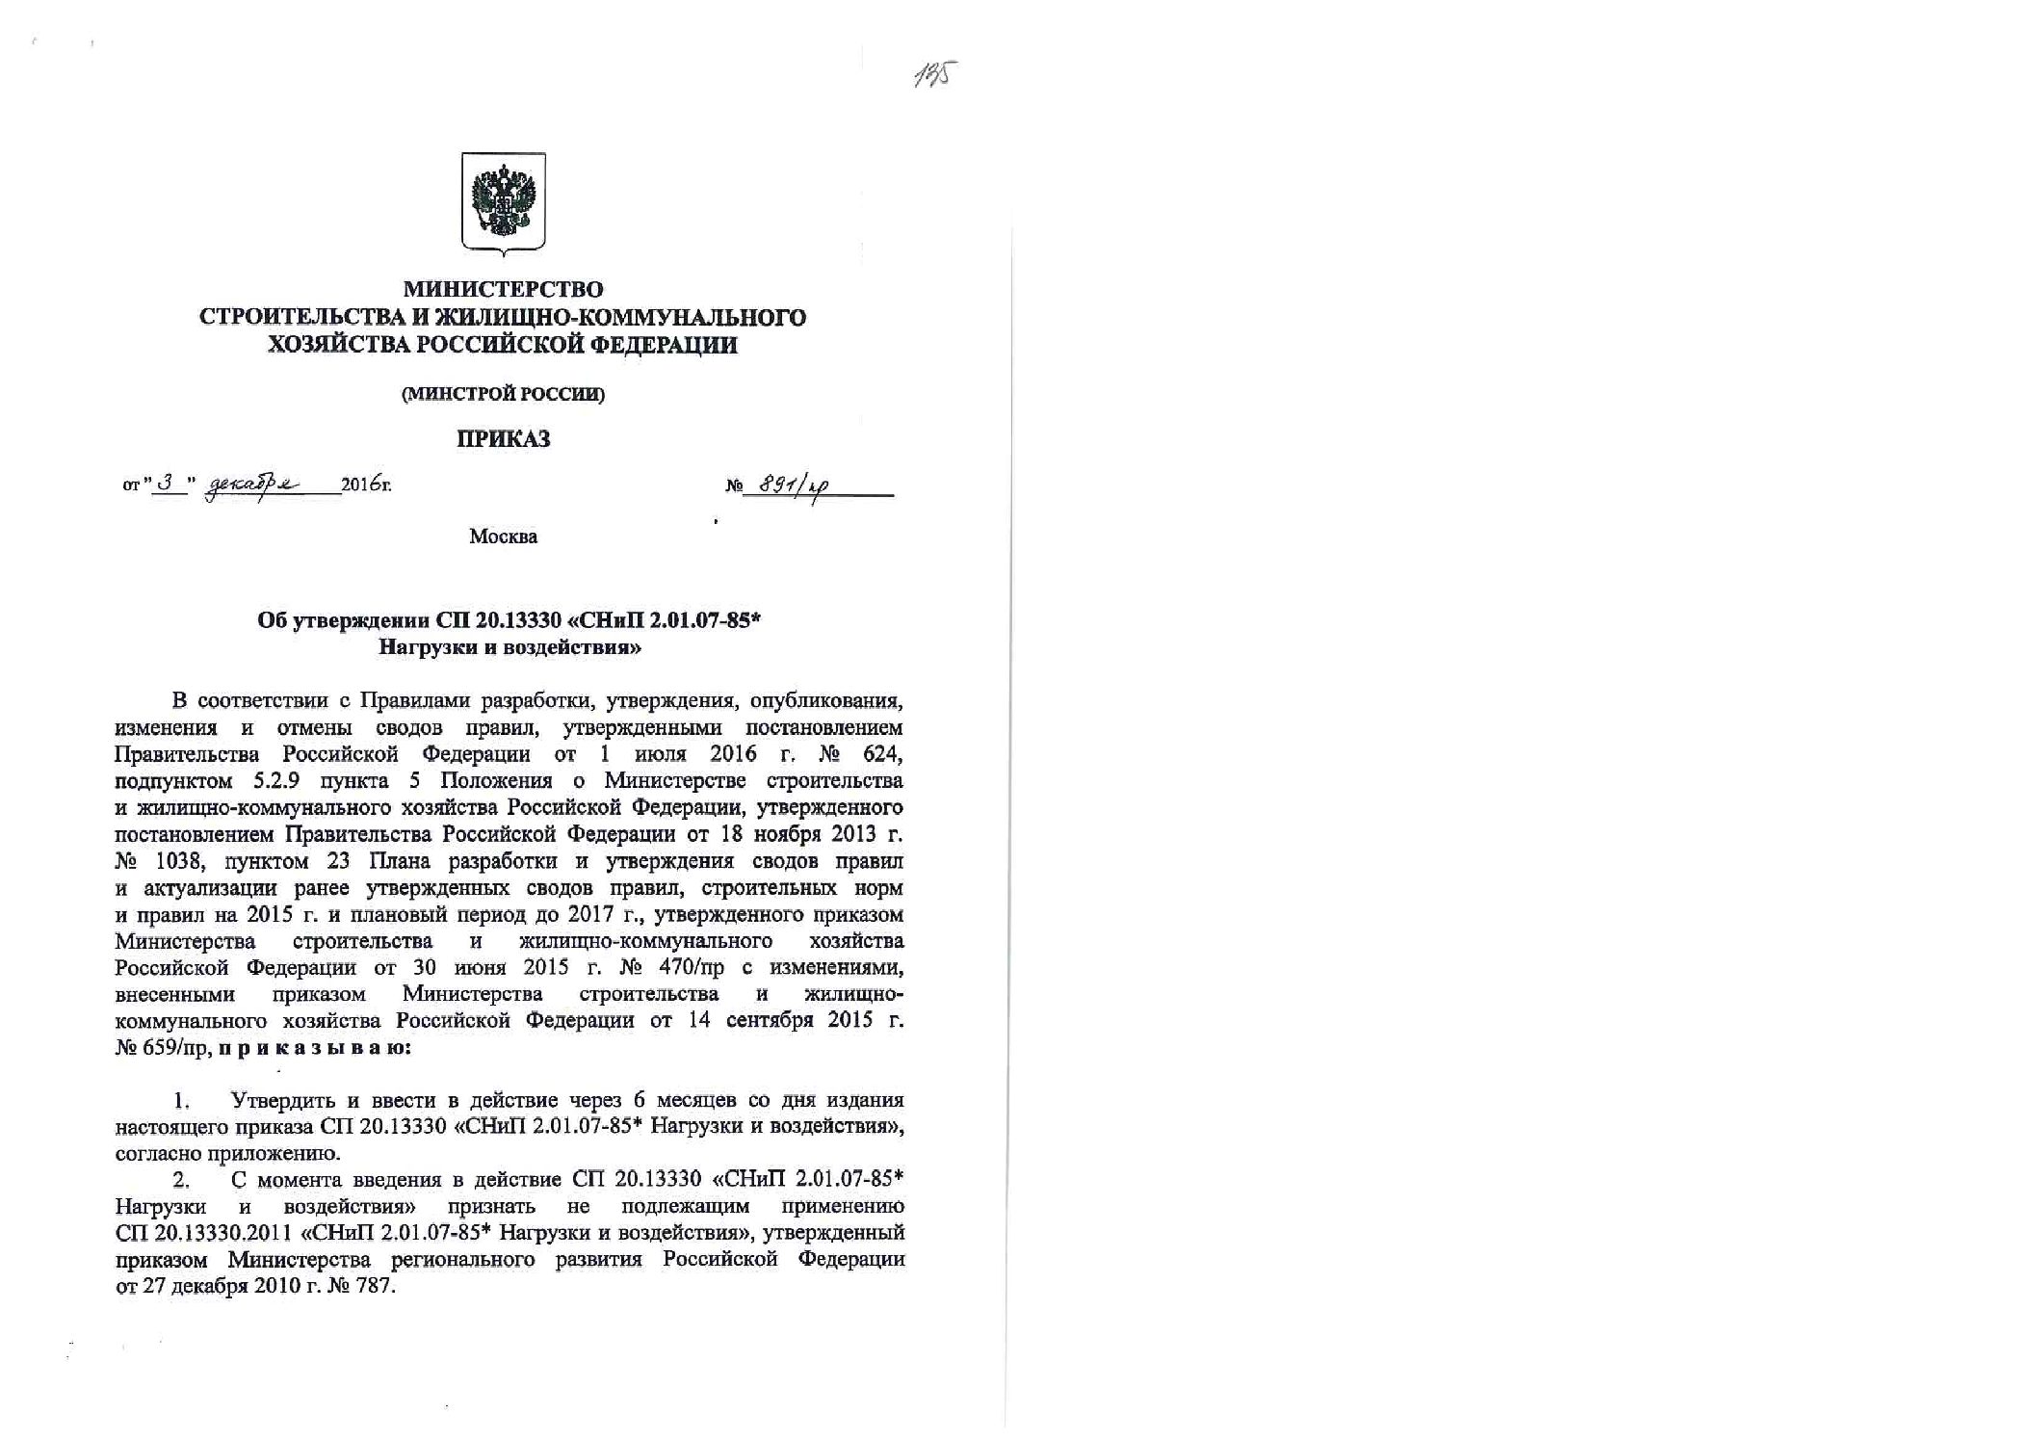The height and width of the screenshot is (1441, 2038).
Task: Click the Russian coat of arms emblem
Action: (x=503, y=202)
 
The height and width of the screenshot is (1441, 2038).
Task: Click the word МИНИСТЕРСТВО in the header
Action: (x=503, y=289)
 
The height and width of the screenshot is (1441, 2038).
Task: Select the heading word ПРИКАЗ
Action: (x=503, y=440)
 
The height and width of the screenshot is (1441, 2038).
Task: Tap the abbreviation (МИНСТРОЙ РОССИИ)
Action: (x=503, y=394)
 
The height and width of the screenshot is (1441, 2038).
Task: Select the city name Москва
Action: (x=503, y=537)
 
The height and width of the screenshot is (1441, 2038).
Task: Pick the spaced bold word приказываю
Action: (x=315, y=1047)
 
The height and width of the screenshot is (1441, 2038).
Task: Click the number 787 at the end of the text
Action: (x=376, y=1287)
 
